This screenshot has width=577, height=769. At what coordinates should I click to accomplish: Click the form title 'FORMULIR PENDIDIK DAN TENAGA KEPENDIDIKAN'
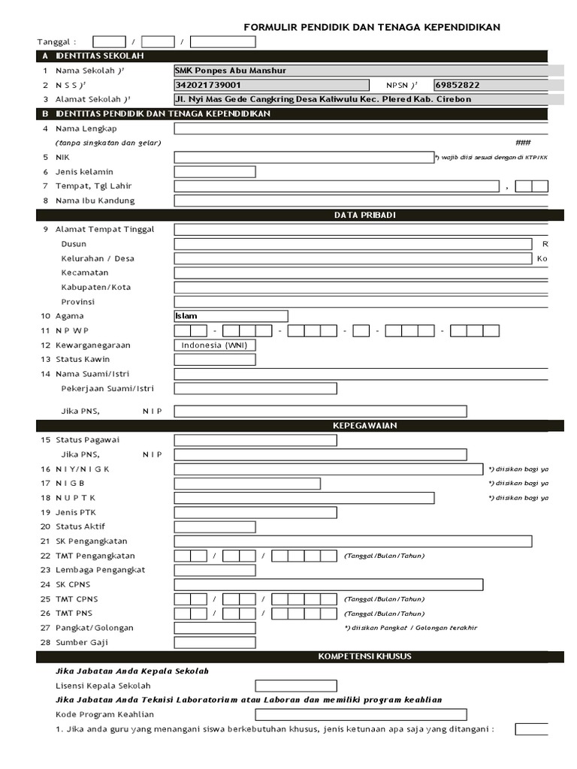372,27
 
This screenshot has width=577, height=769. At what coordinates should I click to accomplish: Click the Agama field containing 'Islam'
231,316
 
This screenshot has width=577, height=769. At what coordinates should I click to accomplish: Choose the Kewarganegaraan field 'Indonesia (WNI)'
214,345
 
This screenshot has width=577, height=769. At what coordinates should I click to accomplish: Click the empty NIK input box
304,157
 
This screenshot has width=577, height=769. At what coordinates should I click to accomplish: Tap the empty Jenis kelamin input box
214,172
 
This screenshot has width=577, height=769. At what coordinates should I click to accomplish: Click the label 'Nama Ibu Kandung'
95,201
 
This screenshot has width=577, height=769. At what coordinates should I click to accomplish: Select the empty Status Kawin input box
214,360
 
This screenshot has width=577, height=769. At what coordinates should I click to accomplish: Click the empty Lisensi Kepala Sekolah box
295,686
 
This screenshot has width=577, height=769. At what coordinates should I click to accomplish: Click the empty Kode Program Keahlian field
320,714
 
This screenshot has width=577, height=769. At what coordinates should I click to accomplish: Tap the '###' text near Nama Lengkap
523,143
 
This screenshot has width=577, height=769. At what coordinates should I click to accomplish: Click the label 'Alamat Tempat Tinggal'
104,229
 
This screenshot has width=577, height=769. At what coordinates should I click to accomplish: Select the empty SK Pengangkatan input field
353,541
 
